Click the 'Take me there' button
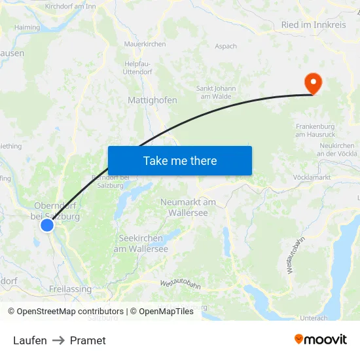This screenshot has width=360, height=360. [180, 160]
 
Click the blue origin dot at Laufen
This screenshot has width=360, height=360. [47, 225]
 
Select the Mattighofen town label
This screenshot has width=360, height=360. [153, 101]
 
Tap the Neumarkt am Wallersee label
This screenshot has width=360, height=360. [189, 207]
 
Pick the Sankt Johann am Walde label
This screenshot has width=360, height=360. [216, 92]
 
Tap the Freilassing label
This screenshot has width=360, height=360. [70, 289]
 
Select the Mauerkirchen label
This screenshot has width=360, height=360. [145, 45]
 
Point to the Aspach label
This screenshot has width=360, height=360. [226, 46]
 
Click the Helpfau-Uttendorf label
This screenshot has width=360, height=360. [137, 67]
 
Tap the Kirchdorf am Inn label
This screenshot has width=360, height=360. [70, 6]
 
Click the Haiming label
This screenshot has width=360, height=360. [27, 27]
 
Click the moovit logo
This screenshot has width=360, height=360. [321, 339]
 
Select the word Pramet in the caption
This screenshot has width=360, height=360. [88, 340]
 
